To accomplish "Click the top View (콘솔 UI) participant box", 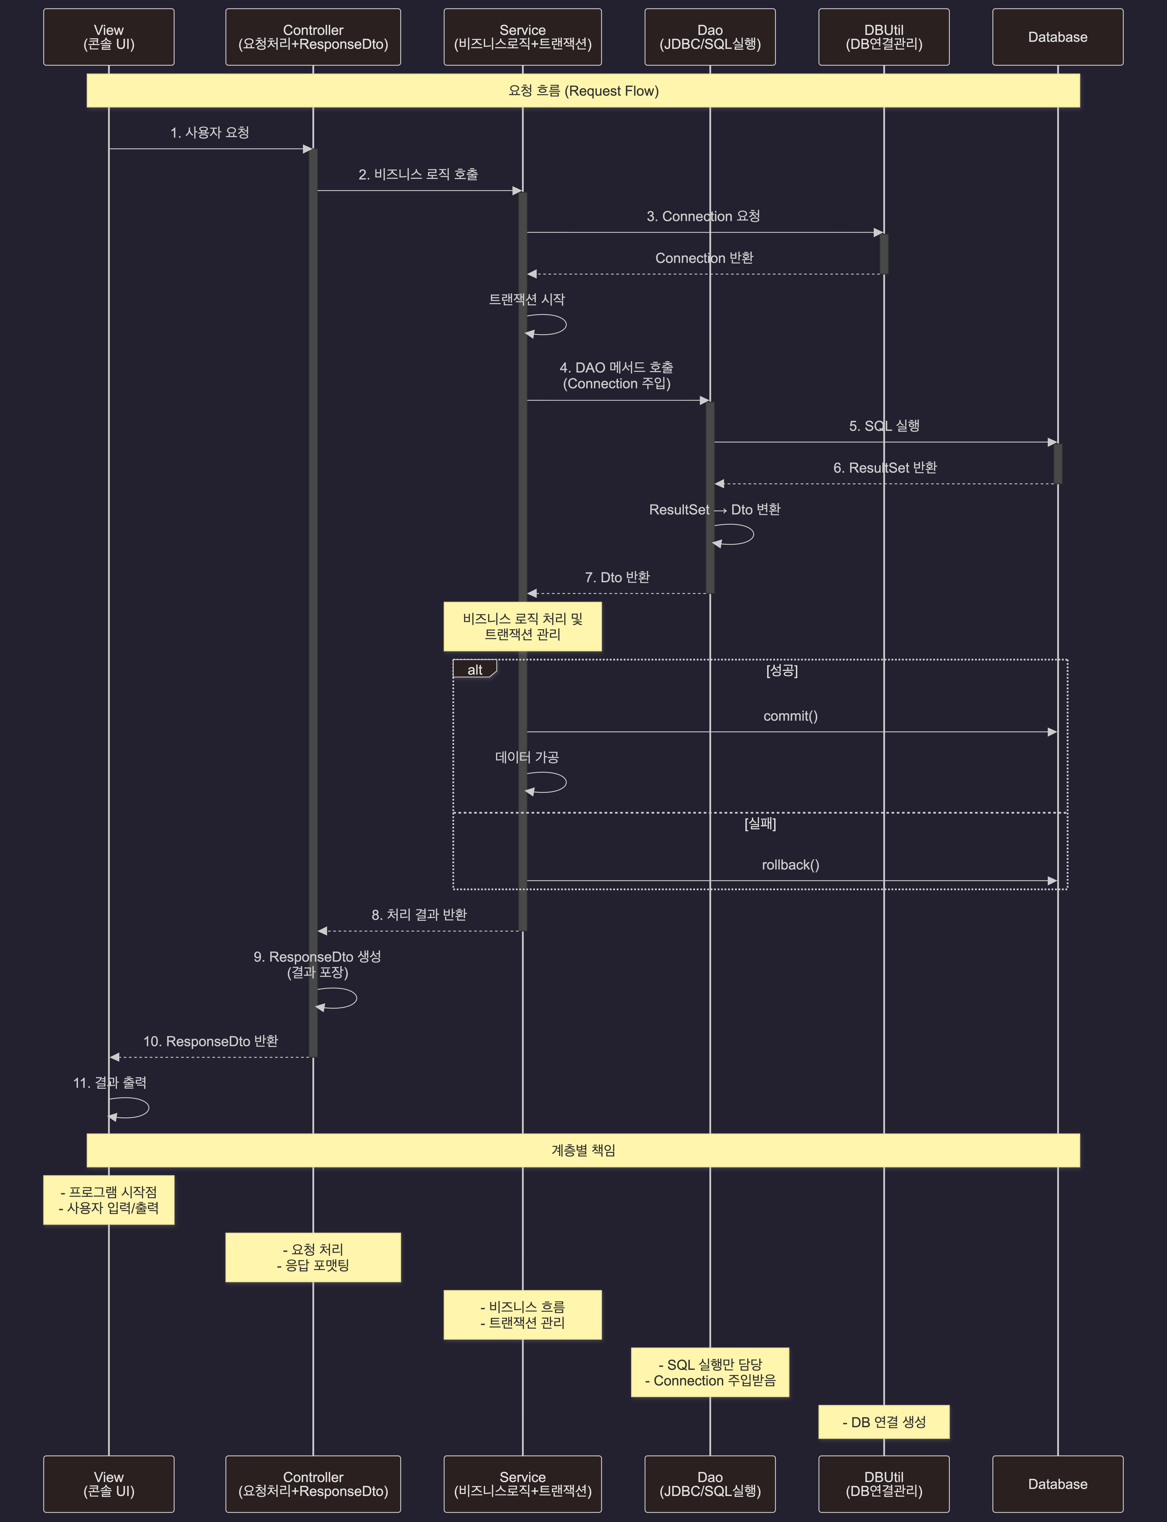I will click(x=108, y=37).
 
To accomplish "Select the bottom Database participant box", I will click(x=1057, y=1484).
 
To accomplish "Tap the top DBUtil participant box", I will click(x=884, y=37).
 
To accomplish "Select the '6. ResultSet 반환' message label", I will click(x=885, y=467).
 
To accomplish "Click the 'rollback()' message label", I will click(x=791, y=865).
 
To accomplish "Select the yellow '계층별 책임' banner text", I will click(x=584, y=1150).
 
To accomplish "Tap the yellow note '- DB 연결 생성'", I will click(x=884, y=1422).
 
